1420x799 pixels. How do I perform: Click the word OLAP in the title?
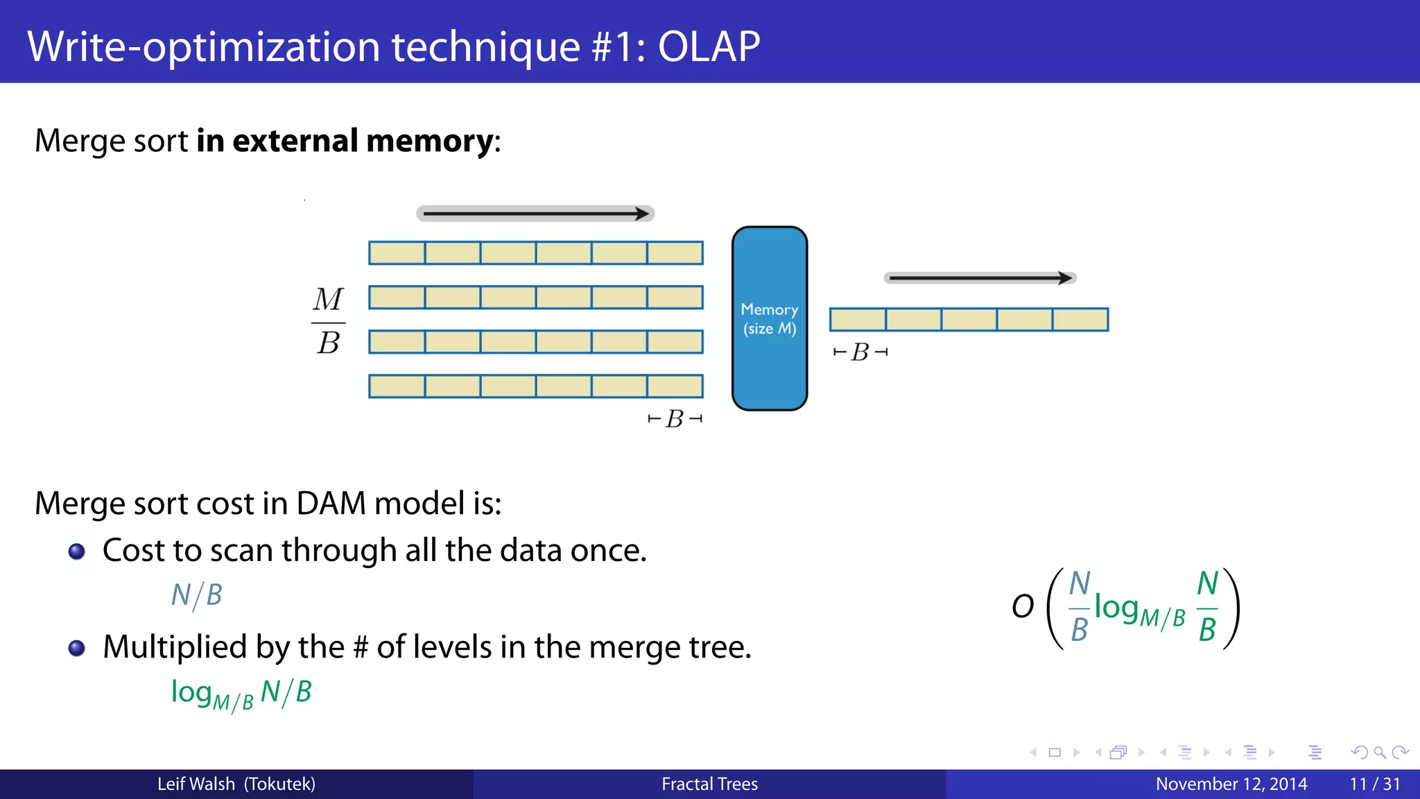tap(708, 47)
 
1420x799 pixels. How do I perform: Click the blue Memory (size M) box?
tap(770, 318)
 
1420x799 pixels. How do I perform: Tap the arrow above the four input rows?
tap(535, 214)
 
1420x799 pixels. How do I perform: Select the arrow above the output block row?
tap(980, 278)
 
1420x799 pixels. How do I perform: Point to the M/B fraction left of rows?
tap(328, 321)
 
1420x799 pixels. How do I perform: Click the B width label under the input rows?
tap(675, 419)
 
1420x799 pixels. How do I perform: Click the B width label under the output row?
tap(860, 352)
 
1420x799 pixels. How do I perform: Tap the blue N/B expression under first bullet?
tap(197, 595)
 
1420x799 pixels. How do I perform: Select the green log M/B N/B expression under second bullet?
tap(241, 693)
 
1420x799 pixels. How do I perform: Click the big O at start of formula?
tap(1023, 607)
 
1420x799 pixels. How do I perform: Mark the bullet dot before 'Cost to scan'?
tap(77, 551)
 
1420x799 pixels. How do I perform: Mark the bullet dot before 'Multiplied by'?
tap(77, 648)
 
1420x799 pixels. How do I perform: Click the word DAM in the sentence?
tap(331, 503)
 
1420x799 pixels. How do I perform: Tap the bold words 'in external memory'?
tap(345, 141)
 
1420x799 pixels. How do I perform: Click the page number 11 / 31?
tap(1374, 784)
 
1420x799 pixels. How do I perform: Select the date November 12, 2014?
tap(1231, 784)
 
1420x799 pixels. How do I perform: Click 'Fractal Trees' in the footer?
tap(709, 784)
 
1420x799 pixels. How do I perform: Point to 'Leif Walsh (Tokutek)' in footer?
tap(236, 784)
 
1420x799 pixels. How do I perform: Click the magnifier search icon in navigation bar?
tap(1379, 753)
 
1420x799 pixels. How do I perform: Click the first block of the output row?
tap(858, 320)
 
